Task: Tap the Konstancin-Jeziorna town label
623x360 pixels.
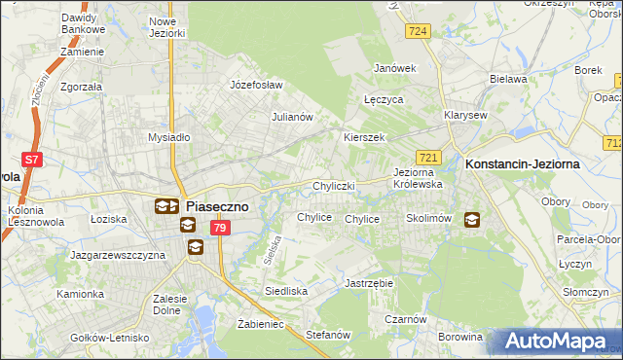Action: [523, 164]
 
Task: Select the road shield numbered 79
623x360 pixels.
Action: [220, 228]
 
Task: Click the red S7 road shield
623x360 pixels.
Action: [32, 159]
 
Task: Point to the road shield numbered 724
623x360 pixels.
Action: [419, 32]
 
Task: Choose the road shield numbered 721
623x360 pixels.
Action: [429, 157]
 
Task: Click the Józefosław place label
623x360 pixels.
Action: [256, 85]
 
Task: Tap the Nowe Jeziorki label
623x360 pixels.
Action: [167, 27]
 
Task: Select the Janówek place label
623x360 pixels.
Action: [396, 68]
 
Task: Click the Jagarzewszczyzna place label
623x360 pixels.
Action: [118, 254]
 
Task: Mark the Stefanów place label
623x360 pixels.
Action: [328, 334]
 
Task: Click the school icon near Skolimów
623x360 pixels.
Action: [472, 220]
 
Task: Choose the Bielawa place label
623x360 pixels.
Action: [508, 79]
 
